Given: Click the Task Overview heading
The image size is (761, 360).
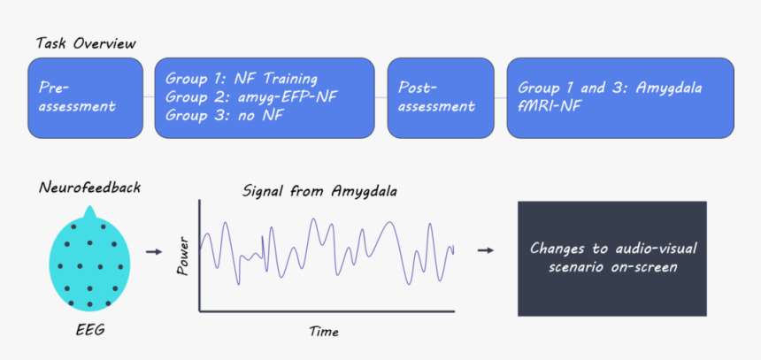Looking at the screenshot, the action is [x=86, y=43].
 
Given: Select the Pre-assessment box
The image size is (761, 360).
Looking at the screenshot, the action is [x=86, y=98].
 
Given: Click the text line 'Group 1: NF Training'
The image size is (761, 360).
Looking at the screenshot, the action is [x=242, y=78].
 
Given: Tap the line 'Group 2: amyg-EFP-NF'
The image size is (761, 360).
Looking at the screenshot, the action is [x=251, y=96].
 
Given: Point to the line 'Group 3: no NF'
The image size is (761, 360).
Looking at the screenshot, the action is [x=224, y=116].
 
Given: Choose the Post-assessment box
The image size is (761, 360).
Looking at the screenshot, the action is [x=441, y=98].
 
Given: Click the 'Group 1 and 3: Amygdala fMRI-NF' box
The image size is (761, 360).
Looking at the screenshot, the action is [x=620, y=98].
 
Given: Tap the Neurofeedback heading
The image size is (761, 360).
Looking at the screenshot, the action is [x=89, y=188].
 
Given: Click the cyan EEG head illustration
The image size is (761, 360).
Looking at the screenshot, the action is [x=89, y=263].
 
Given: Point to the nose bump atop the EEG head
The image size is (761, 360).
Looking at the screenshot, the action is [x=89, y=213].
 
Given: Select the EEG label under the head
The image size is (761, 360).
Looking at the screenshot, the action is [x=89, y=331].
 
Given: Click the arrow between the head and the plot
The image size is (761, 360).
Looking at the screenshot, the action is [x=154, y=252].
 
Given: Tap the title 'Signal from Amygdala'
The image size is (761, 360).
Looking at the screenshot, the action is [x=319, y=191].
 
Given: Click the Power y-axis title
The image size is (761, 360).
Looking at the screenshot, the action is [x=183, y=257].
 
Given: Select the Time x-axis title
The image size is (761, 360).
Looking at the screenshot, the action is [x=324, y=332].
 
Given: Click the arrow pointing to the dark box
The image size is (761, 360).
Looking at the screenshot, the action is [x=485, y=250].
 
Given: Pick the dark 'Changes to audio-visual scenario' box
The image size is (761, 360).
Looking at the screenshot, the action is [x=612, y=258].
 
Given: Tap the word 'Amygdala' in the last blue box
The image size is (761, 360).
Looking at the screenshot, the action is [x=668, y=88].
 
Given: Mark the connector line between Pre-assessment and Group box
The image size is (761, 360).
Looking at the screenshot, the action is [x=149, y=97].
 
